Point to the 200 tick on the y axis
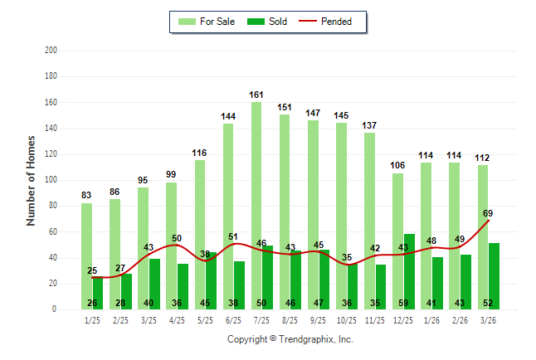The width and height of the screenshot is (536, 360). (51, 51)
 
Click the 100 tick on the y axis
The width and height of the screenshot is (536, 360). (51, 180)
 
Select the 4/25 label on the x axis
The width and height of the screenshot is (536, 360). (178, 319)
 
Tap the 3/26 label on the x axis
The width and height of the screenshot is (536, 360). (489, 319)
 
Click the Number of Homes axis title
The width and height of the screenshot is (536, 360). (31, 180)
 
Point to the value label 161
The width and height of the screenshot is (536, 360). (256, 95)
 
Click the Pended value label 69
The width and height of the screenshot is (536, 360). (489, 213)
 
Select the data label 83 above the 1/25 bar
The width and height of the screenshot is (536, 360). (86, 196)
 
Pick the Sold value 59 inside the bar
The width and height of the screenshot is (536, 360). (409, 303)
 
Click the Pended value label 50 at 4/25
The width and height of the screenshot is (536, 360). (178, 238)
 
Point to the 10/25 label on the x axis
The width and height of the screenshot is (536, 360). (347, 319)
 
